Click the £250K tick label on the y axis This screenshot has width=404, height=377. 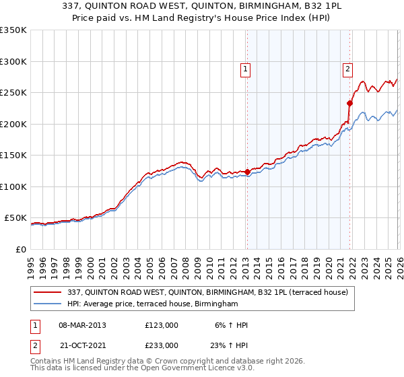[x=13, y=93]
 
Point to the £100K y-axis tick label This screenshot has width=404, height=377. [x=13, y=186]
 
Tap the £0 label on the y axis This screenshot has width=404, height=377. [x=20, y=249]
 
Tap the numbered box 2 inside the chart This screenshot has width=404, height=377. [x=347, y=69]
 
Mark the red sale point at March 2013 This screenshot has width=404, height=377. [x=246, y=172]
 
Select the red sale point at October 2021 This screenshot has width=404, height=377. [x=349, y=103]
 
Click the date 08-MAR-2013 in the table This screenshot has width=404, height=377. [x=82, y=325]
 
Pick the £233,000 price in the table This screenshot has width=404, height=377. [x=162, y=345]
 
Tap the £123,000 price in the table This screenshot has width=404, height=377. [x=162, y=325]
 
